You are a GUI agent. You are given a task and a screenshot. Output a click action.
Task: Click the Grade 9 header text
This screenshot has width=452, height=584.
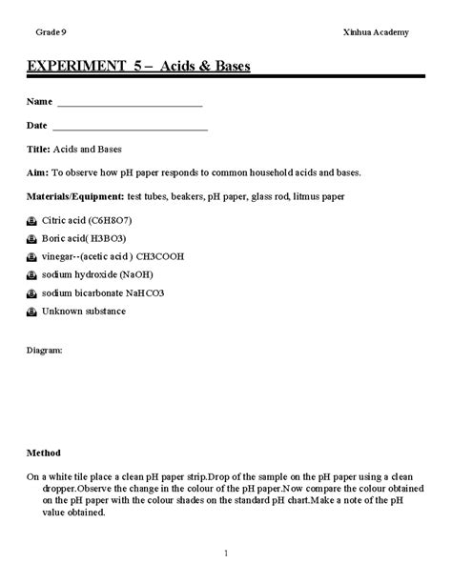click(x=51, y=32)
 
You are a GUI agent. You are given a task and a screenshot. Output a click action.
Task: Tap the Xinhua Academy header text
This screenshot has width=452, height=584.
click(x=376, y=32)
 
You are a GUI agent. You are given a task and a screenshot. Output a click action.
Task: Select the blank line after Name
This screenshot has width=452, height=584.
click(x=130, y=104)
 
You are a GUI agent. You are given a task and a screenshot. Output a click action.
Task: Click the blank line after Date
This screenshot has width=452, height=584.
click(x=130, y=128)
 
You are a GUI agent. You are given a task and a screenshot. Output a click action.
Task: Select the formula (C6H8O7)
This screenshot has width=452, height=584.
click(x=113, y=220)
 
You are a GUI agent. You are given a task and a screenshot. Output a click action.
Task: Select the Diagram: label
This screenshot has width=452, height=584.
click(x=45, y=351)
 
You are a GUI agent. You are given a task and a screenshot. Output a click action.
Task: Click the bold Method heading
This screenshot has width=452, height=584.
click(x=44, y=453)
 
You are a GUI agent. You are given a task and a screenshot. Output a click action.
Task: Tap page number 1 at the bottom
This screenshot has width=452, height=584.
click(x=226, y=554)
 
